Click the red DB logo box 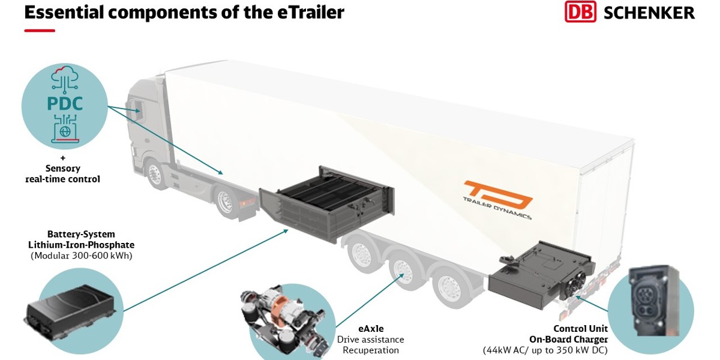[x=580, y=12]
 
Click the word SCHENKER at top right [x=649, y=12]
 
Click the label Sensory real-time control [x=62, y=173]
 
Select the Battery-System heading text [x=81, y=234]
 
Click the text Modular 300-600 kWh [x=81, y=256]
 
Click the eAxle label [x=371, y=329]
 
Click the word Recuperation [x=371, y=350]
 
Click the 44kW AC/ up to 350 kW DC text [x=545, y=350]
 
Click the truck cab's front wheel [x=157, y=175]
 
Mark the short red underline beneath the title [x=40, y=31]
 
